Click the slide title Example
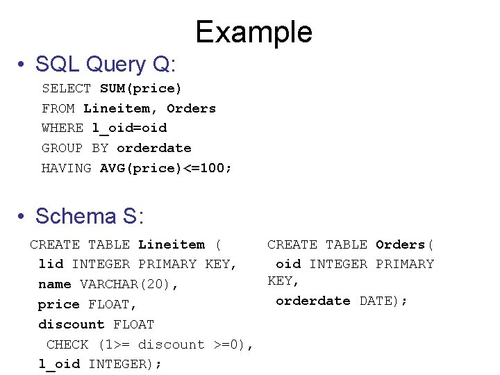pyautogui.click(x=253, y=32)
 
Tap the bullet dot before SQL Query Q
pyautogui.click(x=23, y=65)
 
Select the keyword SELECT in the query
pyautogui.click(x=66, y=88)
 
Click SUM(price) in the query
pyautogui.click(x=140, y=88)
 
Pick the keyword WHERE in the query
pyautogui.click(x=62, y=128)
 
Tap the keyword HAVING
pyautogui.click(x=66, y=168)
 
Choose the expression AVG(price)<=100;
pyautogui.click(x=166, y=168)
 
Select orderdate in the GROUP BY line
pyautogui.click(x=153, y=148)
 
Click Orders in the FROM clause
pyautogui.click(x=191, y=108)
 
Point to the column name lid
pyautogui.click(x=51, y=264)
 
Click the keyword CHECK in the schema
pyautogui.click(x=67, y=344)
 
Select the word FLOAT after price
pyautogui.click(x=112, y=304)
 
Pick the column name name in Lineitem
pyautogui.click(x=54, y=284)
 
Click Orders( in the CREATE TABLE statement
pyautogui.click(x=405, y=244)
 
